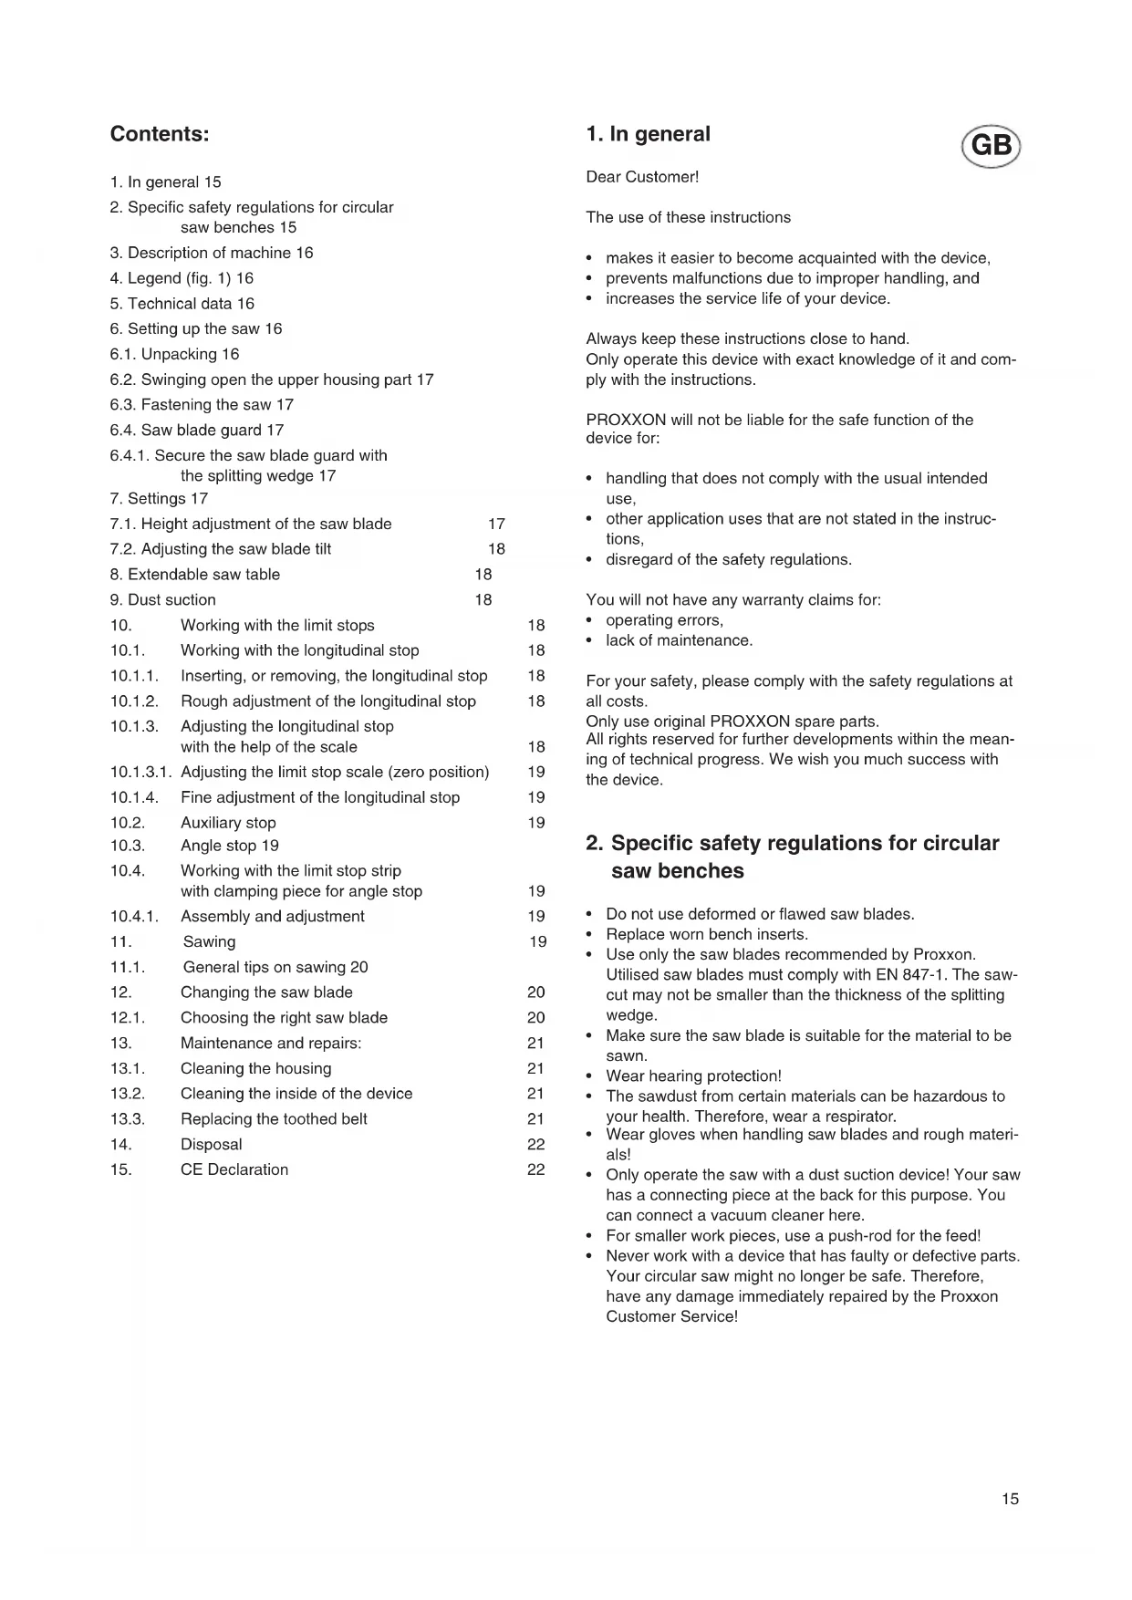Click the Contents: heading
pyautogui.click(x=160, y=134)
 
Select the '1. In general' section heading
pyautogui.click(x=648, y=134)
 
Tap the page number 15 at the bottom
pyautogui.click(x=1010, y=1499)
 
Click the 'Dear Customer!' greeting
pyautogui.click(x=642, y=177)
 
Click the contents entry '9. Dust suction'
pyautogui.click(x=163, y=599)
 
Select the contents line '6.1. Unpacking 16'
pyautogui.click(x=174, y=354)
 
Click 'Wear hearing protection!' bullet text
pyautogui.click(x=693, y=1075)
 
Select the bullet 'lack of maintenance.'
pyautogui.click(x=679, y=640)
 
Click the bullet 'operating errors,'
pyautogui.click(x=664, y=620)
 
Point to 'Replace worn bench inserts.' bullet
pyautogui.click(x=707, y=934)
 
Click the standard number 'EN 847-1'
pyautogui.click(x=910, y=974)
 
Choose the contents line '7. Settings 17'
pyautogui.click(x=159, y=498)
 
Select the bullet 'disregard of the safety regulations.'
pyautogui.click(x=729, y=559)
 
